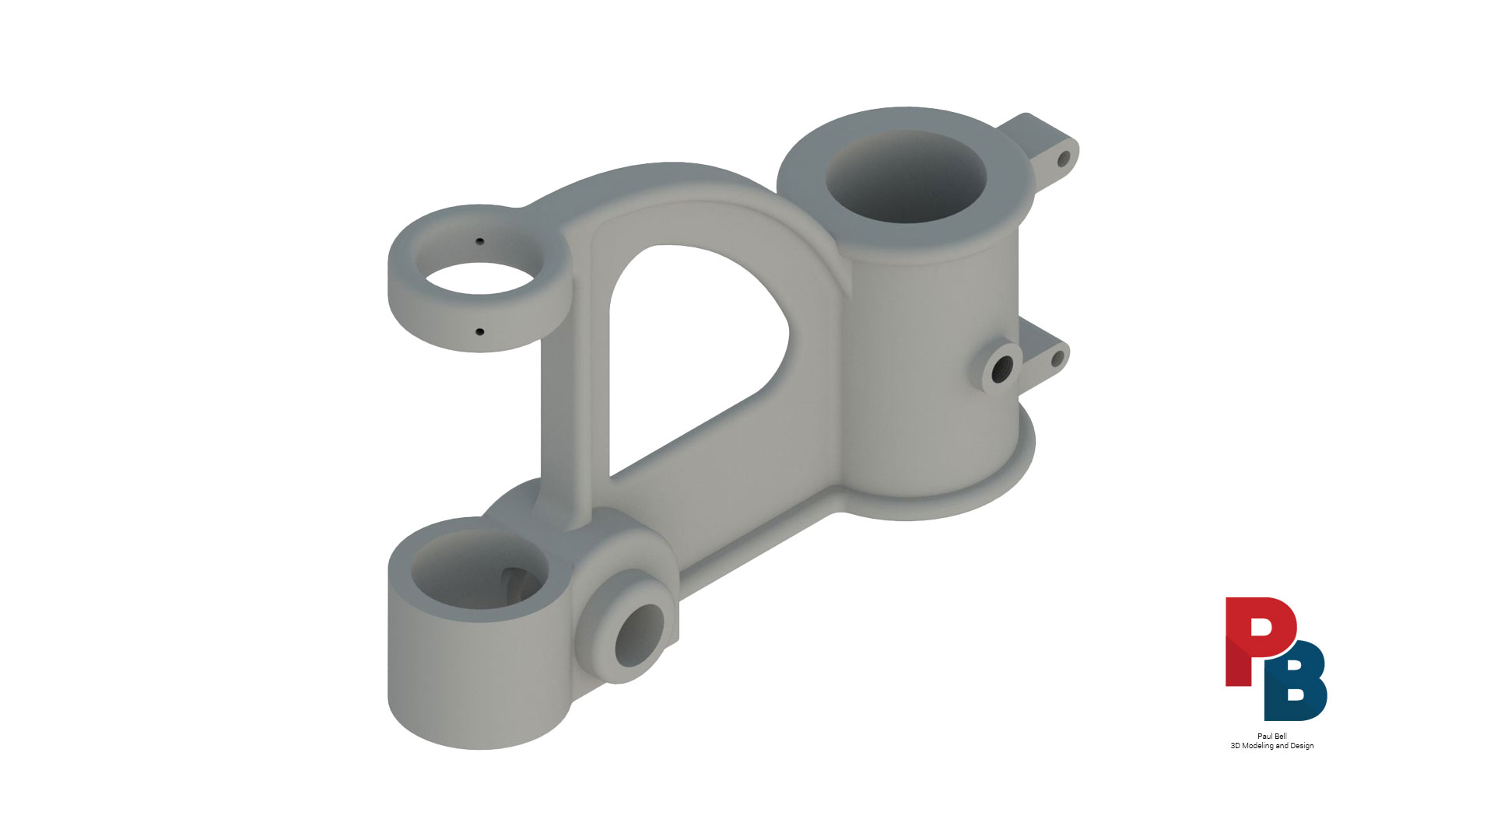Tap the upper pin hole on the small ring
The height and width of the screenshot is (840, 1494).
tap(480, 241)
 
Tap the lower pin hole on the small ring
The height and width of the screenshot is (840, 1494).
tap(479, 332)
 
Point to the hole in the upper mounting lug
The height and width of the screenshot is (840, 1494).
tap(1063, 159)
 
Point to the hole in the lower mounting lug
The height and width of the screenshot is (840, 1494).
tap(1057, 359)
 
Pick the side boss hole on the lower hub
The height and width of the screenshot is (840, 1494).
tap(640, 635)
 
